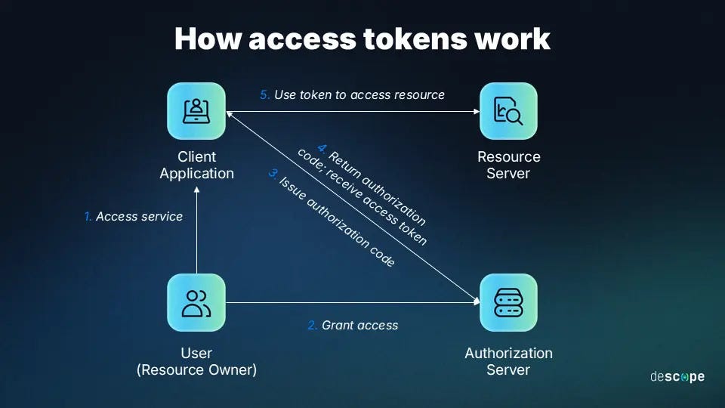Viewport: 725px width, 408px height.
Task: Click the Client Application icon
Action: pyautogui.click(x=196, y=111)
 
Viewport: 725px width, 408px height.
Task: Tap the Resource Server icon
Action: pyautogui.click(x=508, y=111)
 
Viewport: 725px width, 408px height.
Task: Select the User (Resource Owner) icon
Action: pyautogui.click(x=196, y=302)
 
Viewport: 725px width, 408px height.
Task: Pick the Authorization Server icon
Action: pyautogui.click(x=508, y=302)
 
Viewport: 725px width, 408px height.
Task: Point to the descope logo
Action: pyautogui.click(x=677, y=376)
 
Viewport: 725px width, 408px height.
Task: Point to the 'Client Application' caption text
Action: pyautogui.click(x=196, y=165)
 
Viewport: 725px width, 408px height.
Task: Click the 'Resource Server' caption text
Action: pyautogui.click(x=508, y=165)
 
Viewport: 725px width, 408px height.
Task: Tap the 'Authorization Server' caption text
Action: pyautogui.click(x=508, y=361)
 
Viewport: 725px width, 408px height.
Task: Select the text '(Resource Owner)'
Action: pyautogui.click(x=196, y=370)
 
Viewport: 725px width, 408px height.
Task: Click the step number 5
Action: pyautogui.click(x=264, y=95)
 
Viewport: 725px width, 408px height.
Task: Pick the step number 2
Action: pyautogui.click(x=312, y=326)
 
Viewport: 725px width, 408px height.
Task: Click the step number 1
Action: pyautogui.click(x=88, y=217)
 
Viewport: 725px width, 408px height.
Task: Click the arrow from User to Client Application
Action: pyautogui.click(x=196, y=234)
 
